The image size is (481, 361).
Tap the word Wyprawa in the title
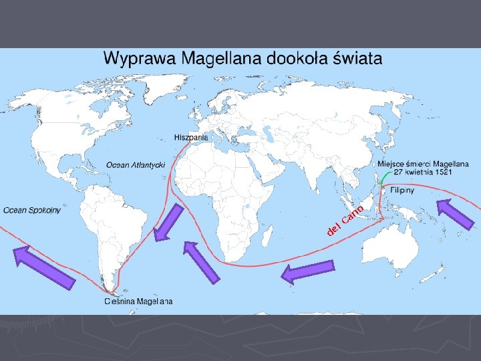click(x=136, y=59)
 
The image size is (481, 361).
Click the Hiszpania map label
click(x=191, y=137)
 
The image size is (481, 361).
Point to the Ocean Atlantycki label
click(x=136, y=165)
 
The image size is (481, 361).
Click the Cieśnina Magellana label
click(x=138, y=302)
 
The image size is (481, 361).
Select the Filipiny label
click(x=403, y=190)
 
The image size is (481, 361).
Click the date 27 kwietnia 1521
click(x=424, y=172)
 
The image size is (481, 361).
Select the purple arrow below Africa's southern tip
click(x=201, y=262)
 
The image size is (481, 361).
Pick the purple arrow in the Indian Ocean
click(x=308, y=271)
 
